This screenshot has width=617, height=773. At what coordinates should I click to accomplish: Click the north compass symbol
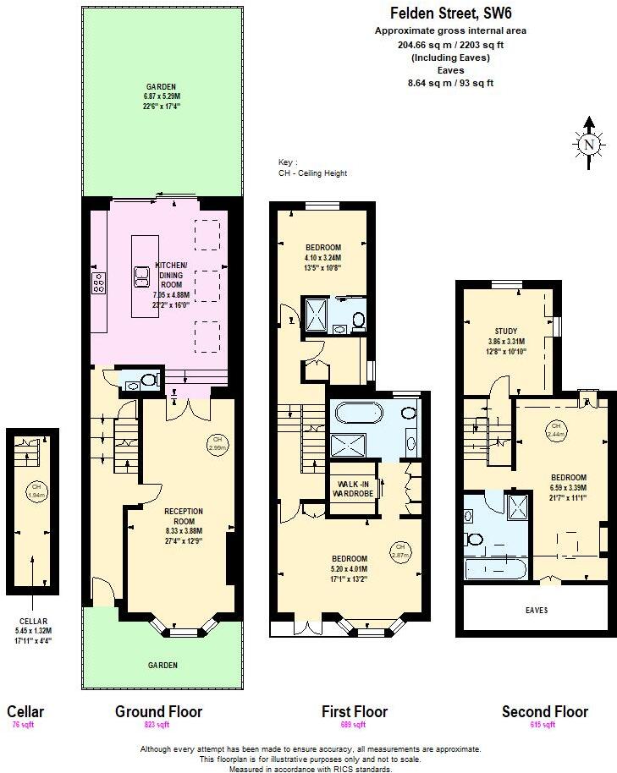point(588,143)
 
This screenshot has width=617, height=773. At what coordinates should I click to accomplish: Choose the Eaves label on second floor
point(536,610)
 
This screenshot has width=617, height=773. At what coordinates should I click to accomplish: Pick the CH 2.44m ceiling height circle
point(555,429)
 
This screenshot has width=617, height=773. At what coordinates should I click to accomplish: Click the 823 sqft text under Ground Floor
point(158,726)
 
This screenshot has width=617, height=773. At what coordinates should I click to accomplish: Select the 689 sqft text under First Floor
point(354,726)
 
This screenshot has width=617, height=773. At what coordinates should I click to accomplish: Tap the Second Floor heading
point(544,711)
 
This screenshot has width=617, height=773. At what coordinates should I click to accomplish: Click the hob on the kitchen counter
point(98,282)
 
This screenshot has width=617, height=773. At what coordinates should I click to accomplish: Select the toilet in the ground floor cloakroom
point(151,381)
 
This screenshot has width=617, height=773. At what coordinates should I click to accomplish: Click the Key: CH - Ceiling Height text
point(312,167)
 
